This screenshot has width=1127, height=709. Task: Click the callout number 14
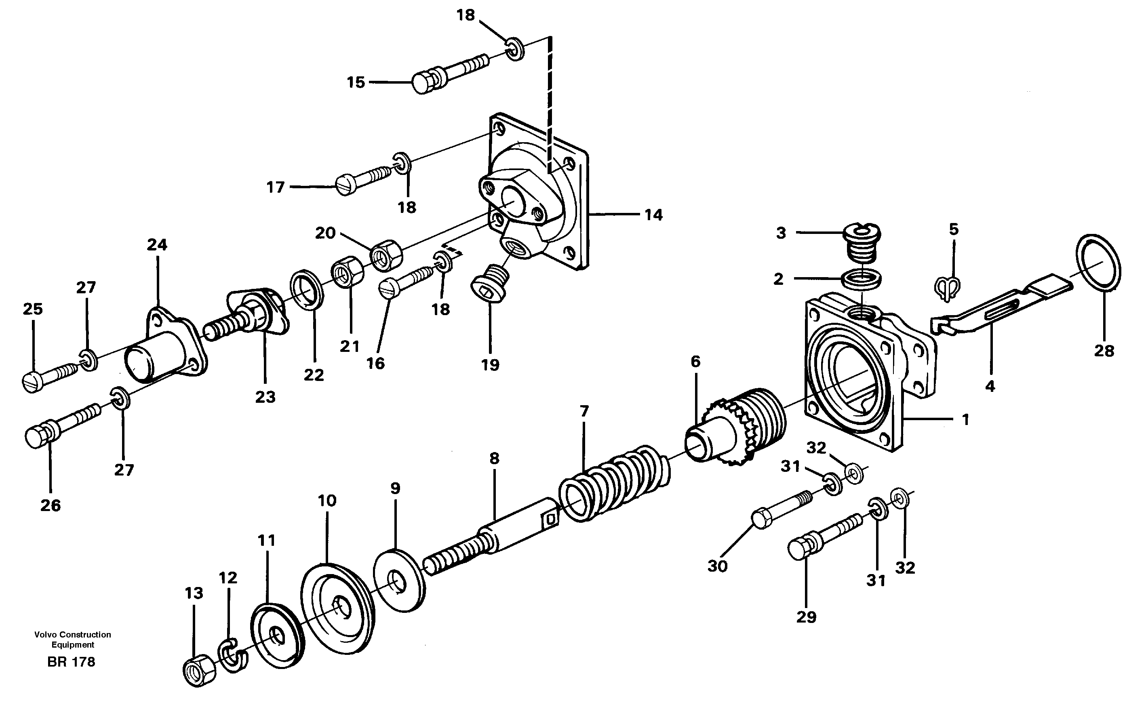[653, 215]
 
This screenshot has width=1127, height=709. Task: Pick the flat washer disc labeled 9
[399, 582]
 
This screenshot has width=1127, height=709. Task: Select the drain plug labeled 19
[490, 286]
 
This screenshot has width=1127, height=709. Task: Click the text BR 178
[71, 662]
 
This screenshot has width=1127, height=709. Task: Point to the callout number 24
[157, 244]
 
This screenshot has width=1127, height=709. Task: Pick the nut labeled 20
[387, 254]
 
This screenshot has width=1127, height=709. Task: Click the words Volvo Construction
[73, 635]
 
